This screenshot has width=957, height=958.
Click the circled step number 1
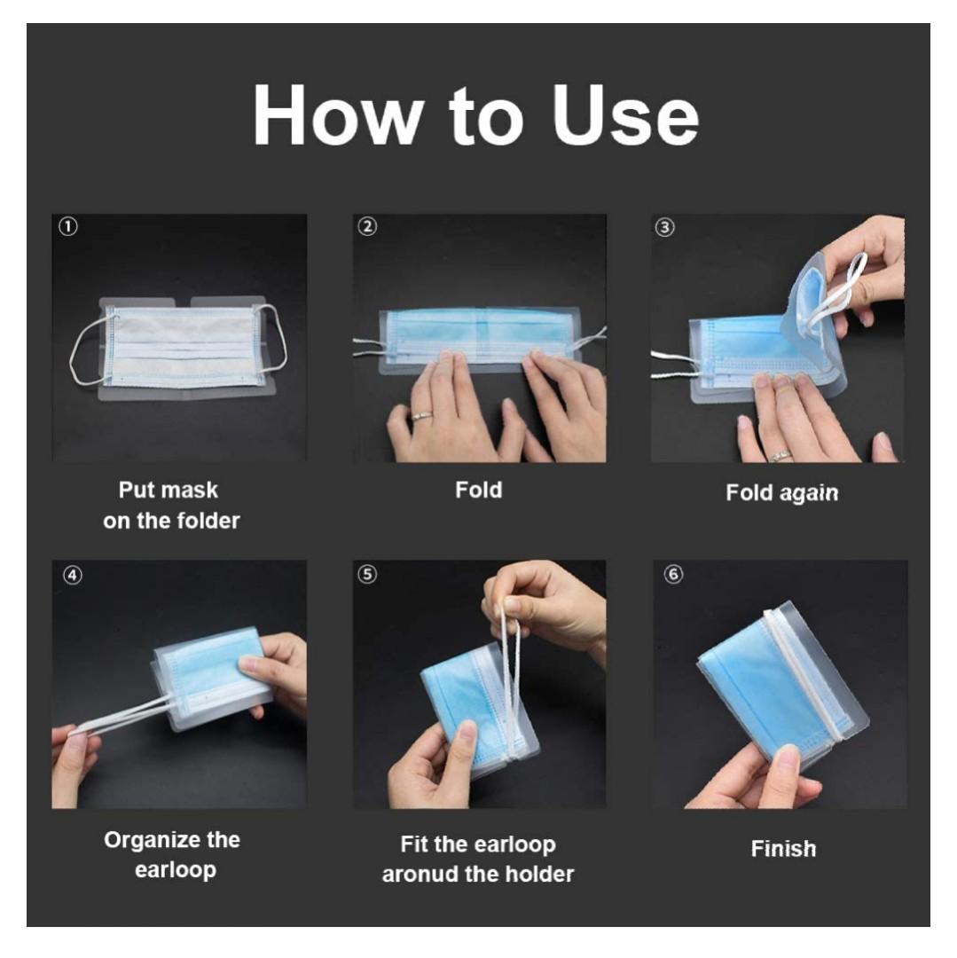coord(67,227)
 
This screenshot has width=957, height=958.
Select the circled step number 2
coord(367,227)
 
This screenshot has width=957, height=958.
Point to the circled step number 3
coord(664,227)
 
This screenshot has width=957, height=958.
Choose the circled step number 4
coord(72,576)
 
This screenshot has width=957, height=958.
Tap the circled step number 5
coord(367,574)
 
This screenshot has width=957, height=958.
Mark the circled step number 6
coord(674,574)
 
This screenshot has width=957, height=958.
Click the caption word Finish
coord(783,849)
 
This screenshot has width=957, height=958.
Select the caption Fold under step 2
coord(479,490)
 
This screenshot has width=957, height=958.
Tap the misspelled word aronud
coord(420,875)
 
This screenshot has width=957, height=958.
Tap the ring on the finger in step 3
coord(780,454)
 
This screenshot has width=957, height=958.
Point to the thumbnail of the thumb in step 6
coord(787,760)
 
